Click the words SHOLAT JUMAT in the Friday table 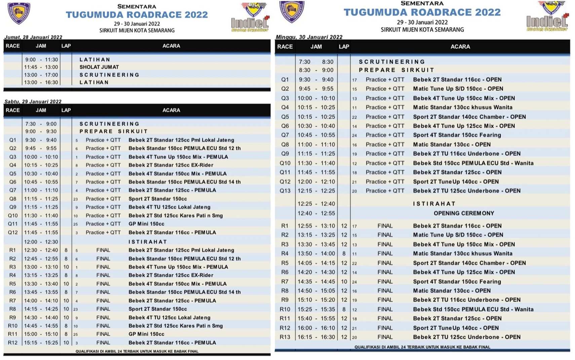(99, 67)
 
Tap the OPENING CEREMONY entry (464, 213)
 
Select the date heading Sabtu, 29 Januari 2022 (33, 101)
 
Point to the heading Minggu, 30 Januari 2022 (309, 37)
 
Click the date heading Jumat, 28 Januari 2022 (33, 37)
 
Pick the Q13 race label (285, 191)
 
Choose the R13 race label (285, 337)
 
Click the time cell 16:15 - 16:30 (316, 337)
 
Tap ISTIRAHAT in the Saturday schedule (148, 242)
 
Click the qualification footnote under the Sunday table (422, 347)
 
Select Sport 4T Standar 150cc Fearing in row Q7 (457, 135)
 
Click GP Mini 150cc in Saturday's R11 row (146, 334)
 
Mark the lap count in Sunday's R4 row (344, 253)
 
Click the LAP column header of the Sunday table (344, 47)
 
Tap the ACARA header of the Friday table (171, 46)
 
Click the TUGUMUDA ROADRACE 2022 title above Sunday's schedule (422, 12)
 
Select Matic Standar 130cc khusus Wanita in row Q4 (462, 107)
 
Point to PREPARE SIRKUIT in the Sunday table (396, 70)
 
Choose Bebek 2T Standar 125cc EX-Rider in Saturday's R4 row (171, 275)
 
